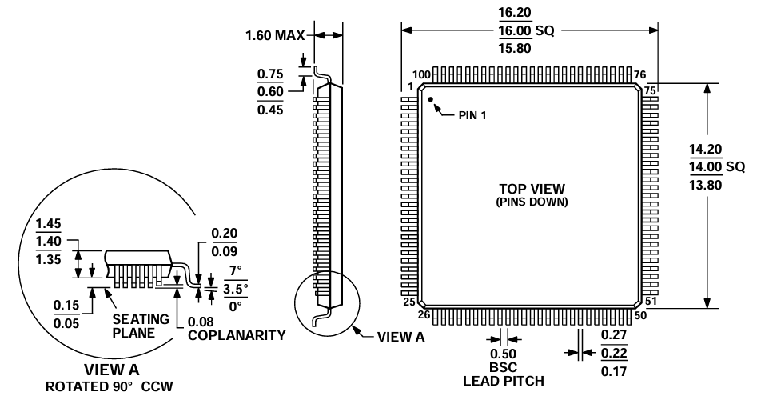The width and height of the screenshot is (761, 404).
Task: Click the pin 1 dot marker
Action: [x=430, y=100]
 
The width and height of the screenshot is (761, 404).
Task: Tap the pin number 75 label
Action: [x=650, y=90]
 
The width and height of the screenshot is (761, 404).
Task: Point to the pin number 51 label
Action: [x=650, y=302]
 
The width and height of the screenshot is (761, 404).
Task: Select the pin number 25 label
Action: [x=408, y=302]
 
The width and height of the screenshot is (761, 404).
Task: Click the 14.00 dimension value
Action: [x=706, y=166]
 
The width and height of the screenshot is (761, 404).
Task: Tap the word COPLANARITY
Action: [x=237, y=335]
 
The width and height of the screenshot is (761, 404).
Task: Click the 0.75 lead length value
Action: [x=270, y=74]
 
